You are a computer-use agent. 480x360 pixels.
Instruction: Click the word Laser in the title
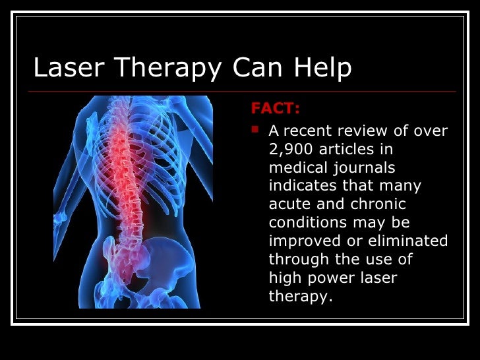63,68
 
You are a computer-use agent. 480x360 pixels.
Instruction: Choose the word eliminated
409,241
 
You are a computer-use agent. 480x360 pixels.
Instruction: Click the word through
298,260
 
